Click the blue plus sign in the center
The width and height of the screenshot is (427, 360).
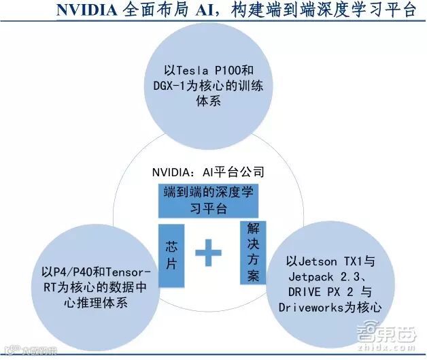point(209,256)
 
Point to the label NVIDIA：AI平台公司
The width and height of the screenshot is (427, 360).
point(208,172)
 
